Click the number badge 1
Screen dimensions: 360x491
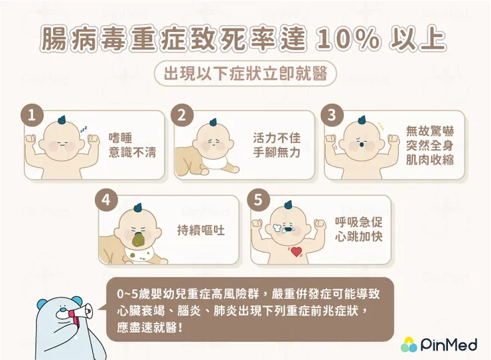tap(30, 115)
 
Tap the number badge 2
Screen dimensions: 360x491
tap(180, 115)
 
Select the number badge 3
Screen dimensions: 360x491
tap(330, 115)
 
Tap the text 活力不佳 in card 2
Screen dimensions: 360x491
tap(277, 138)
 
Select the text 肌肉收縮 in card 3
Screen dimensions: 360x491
tap(430, 160)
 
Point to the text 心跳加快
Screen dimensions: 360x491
tap(359, 237)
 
